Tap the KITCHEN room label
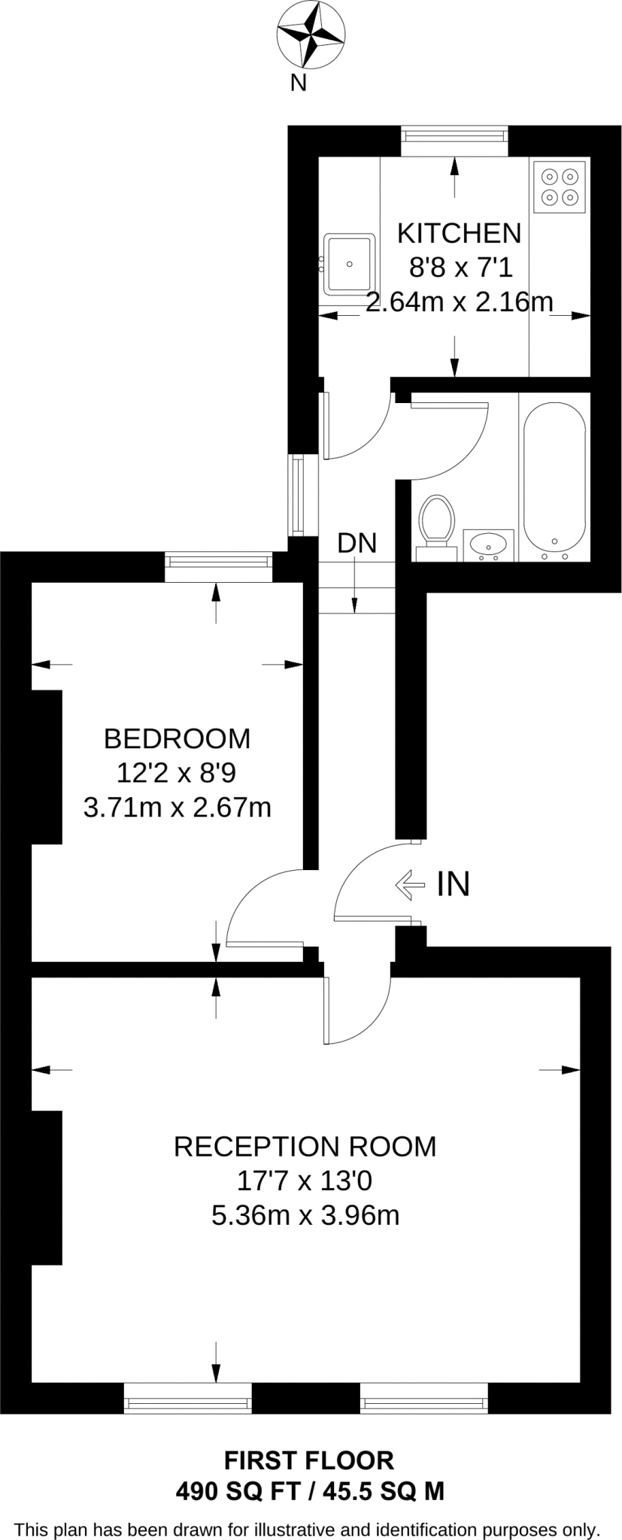pos(459,233)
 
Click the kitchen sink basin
pos(349,264)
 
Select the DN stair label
pos(357,542)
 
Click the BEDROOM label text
pos(177,738)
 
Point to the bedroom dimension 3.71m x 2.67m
pos(177,808)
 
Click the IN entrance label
pos(454,884)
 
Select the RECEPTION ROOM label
pos(305,1146)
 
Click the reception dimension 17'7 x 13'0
pos(305,1181)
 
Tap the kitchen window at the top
pos(454,135)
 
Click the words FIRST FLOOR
pos(309,1460)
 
